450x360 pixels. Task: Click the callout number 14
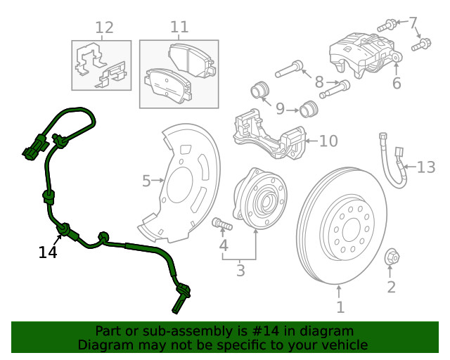point(47,252)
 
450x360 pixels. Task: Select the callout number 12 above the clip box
point(104,28)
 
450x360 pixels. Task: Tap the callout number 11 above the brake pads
point(179,27)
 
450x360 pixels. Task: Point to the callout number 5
point(146,181)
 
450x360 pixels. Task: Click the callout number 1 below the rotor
point(340,307)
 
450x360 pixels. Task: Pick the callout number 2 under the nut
point(392,286)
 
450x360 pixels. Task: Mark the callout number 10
point(328,141)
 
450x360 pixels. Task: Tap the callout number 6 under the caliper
point(397,84)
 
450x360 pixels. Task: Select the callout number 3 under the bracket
point(240,270)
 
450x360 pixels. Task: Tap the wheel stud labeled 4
point(221,225)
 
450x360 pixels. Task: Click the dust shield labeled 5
point(184,183)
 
